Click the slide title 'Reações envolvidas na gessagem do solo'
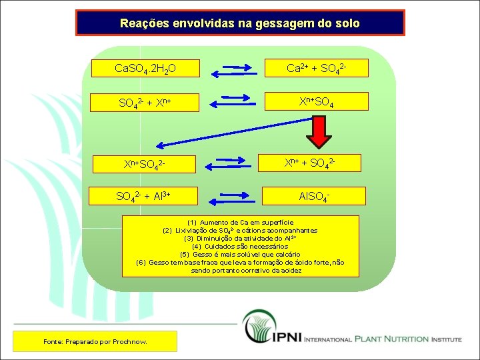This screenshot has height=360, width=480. coord(240,23)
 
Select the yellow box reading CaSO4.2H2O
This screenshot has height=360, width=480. coord(145,68)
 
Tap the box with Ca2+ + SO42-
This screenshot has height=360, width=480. coord(316,68)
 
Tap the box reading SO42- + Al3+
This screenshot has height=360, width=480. coord(145,196)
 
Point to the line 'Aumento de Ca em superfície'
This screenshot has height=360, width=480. coord(240,222)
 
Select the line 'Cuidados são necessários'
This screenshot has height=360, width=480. coord(240,246)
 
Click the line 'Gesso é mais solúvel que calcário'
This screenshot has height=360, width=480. coord(240,254)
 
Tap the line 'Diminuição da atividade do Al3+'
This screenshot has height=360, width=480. coord(240,238)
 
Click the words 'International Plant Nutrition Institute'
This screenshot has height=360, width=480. coord(382,339)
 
